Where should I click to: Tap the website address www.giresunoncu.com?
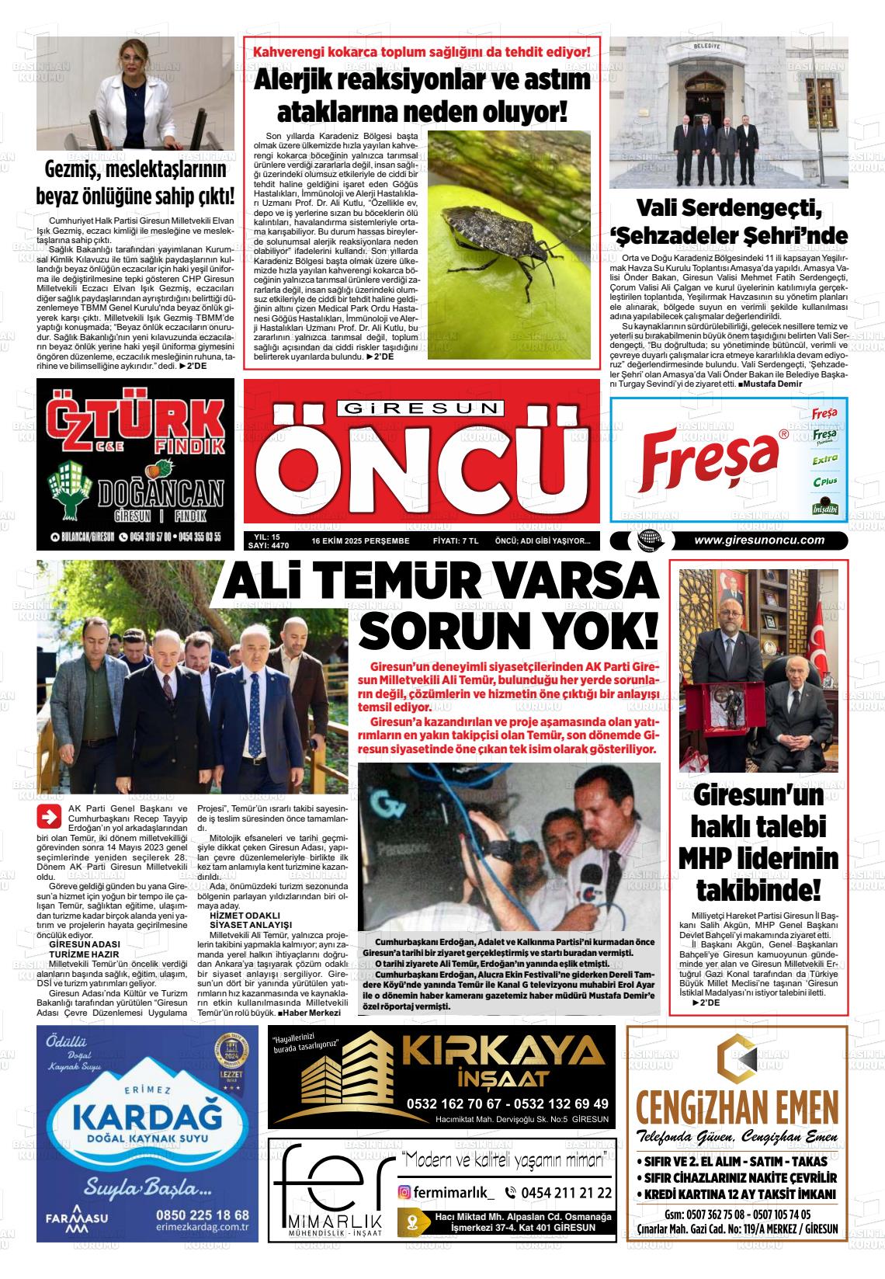(x=759, y=540)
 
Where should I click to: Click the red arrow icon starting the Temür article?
(x=50, y=817)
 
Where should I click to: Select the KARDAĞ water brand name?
(x=142, y=1117)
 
